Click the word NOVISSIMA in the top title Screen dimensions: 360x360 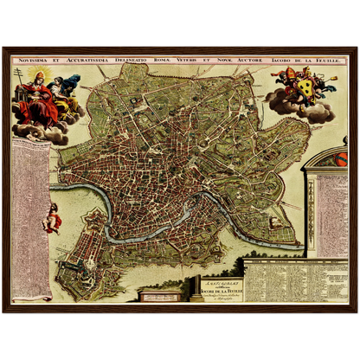[34, 61]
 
